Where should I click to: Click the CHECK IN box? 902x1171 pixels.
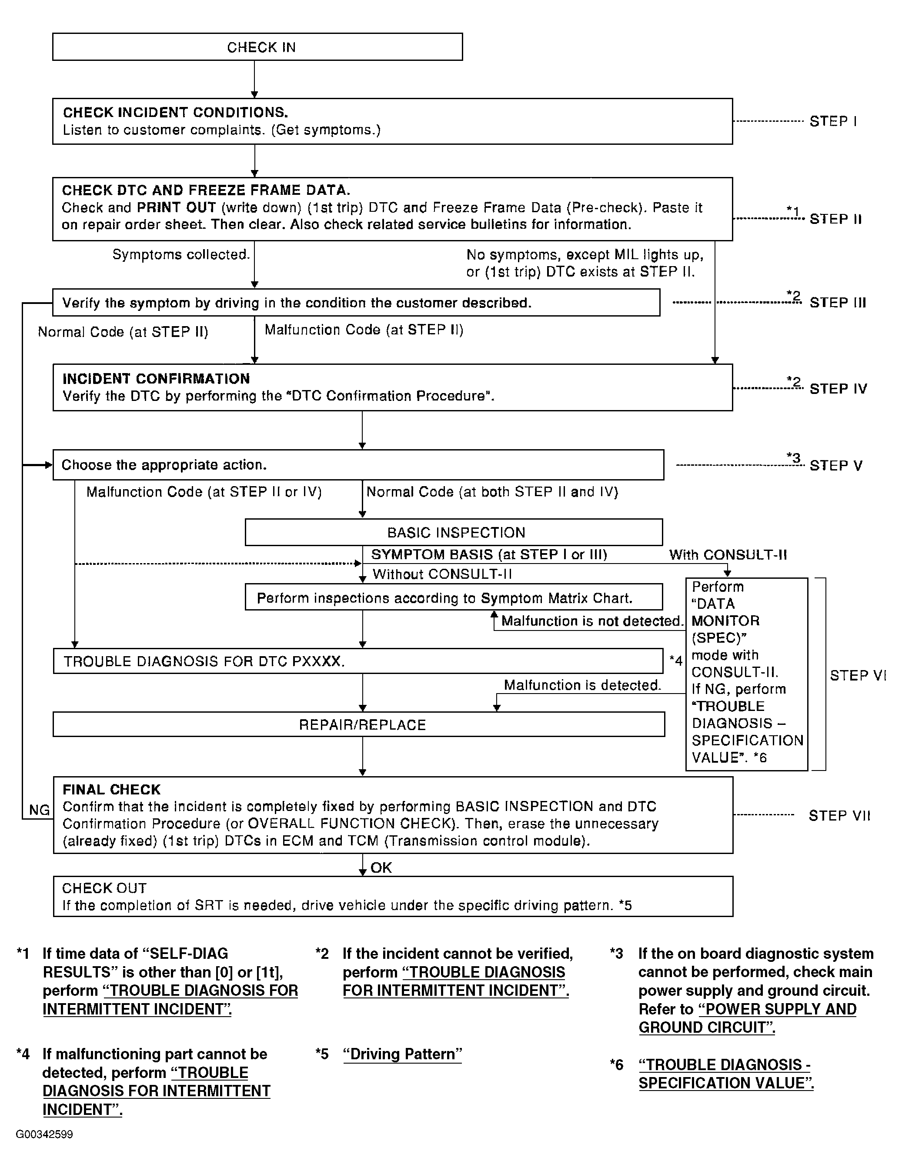coord(257,47)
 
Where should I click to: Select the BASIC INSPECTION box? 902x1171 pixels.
coord(454,532)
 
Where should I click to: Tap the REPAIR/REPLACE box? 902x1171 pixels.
coord(359,724)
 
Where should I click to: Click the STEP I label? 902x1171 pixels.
coord(833,121)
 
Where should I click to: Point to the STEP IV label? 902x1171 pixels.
coord(838,389)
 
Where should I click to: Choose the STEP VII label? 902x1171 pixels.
coord(839,815)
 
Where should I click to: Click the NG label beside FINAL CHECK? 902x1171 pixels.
coord(39,810)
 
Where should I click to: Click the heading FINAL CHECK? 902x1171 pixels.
coord(111,790)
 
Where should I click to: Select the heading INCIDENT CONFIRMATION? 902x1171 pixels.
coord(156,379)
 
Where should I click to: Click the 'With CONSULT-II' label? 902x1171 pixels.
coord(728,555)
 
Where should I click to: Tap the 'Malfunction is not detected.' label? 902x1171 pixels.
coord(592,621)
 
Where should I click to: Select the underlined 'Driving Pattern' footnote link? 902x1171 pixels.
coord(402,1054)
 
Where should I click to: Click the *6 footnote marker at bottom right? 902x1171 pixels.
coord(617,1064)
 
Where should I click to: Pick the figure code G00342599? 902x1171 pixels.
coord(44,1134)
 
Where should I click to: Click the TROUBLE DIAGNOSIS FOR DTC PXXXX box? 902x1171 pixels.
coord(357,661)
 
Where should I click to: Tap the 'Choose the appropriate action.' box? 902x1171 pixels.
coord(357,465)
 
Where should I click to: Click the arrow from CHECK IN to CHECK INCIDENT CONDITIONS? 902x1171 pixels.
coord(255,79)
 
